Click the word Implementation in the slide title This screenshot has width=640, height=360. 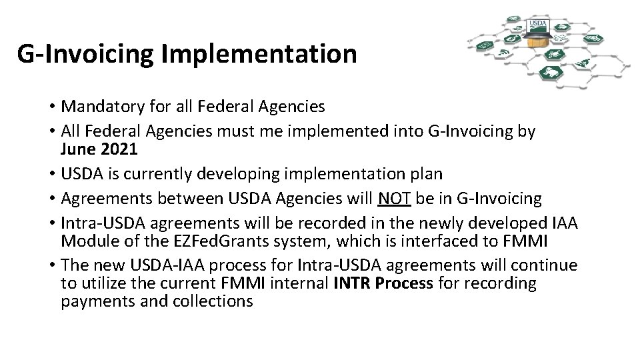click(x=259, y=54)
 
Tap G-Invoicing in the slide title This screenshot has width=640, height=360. click(x=85, y=54)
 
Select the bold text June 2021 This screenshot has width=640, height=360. click(x=99, y=149)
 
